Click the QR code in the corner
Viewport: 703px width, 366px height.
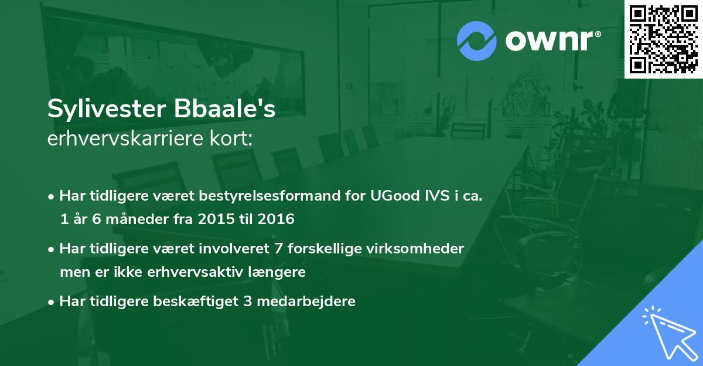[x=663, y=39]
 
